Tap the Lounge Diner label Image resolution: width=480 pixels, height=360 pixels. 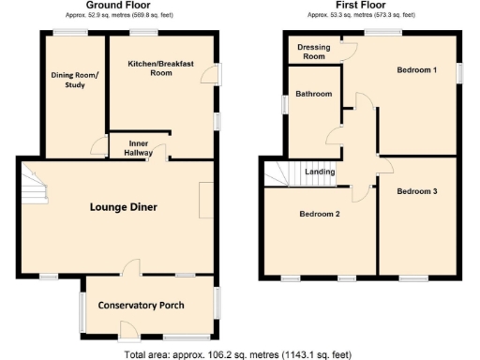[124, 206]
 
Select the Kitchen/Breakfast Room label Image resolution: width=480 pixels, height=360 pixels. [160, 68]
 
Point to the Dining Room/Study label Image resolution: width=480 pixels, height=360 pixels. [73, 82]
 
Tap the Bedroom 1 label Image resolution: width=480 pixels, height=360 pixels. [416, 70]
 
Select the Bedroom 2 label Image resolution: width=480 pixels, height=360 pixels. [319, 215]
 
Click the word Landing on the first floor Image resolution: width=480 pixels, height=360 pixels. [321, 172]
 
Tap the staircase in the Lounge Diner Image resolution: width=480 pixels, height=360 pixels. [32, 184]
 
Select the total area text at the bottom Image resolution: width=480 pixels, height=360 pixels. [239, 354]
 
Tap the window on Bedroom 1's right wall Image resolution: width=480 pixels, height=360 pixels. [458, 72]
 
